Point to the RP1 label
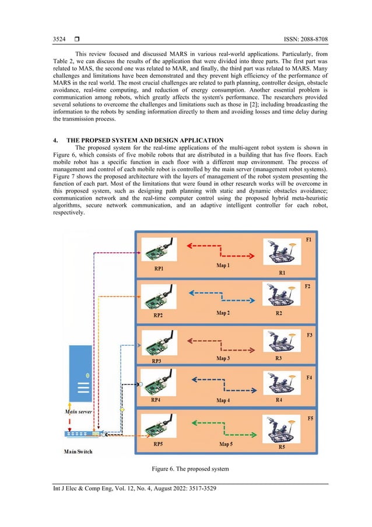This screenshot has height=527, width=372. [x=157, y=270]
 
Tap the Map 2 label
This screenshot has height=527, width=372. [x=223, y=313]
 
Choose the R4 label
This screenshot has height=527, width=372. [x=280, y=400]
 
